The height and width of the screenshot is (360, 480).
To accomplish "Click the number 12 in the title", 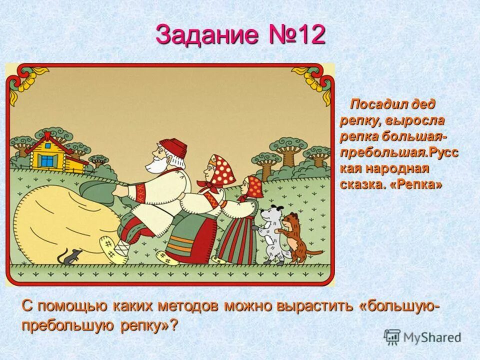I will point(308,35).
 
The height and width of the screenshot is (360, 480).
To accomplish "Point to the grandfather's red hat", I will point(172,147).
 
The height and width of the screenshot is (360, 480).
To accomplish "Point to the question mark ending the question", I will point(173,325).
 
